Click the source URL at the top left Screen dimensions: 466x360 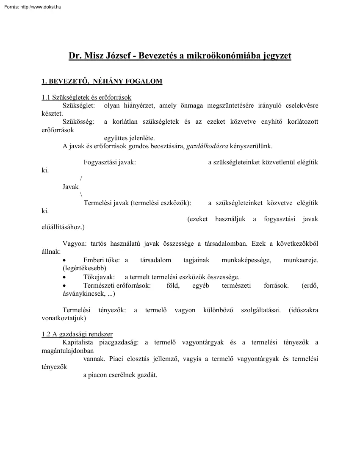(x=31, y=7)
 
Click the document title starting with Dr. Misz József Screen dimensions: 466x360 (x=180, y=55)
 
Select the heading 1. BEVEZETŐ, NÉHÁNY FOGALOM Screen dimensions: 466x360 (x=102, y=81)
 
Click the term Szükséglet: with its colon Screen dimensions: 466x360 (x=79, y=105)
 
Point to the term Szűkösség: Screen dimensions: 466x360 (x=78, y=122)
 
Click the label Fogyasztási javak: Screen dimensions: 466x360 (x=110, y=162)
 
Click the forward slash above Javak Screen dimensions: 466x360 (x=81, y=179)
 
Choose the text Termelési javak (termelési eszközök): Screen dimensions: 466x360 (x=138, y=203)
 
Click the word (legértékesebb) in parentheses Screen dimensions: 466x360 (x=84, y=268)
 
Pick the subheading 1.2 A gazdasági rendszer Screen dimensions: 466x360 (x=77, y=334)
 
